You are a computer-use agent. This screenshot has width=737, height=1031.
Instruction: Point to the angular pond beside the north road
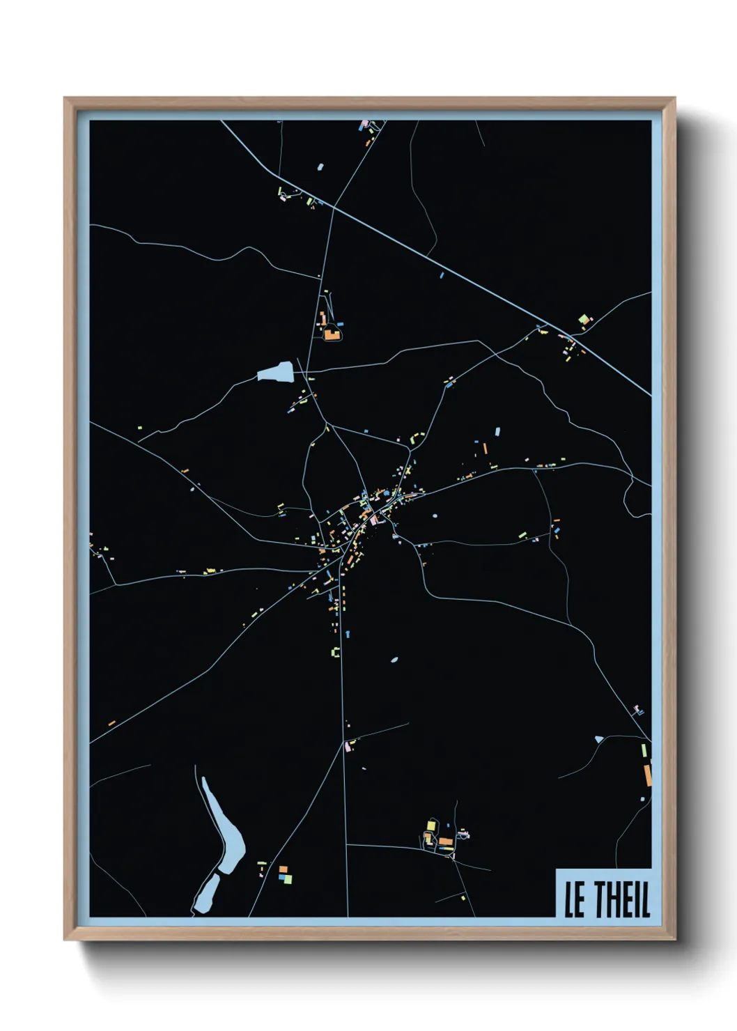[276, 372]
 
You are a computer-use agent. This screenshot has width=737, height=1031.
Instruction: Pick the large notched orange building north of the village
[331, 334]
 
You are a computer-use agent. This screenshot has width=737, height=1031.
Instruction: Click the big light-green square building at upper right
[584, 320]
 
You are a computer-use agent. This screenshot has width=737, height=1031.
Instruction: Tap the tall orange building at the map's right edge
[647, 775]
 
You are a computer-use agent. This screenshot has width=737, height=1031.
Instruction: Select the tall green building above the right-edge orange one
[644, 750]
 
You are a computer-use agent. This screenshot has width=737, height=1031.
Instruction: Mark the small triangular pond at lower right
[599, 739]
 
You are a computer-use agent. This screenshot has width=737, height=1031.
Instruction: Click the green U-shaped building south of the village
[336, 652]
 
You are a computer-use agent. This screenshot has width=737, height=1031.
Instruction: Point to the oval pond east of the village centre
[435, 516]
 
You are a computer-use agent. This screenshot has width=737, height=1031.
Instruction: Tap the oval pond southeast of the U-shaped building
[394, 659]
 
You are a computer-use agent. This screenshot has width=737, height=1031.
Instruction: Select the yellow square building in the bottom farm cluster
[430, 825]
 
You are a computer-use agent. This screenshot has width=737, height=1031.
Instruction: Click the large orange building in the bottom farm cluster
[445, 842]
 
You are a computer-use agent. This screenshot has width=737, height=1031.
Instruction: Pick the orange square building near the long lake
[283, 869]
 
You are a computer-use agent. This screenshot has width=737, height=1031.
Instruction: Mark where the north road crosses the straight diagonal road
[334, 206]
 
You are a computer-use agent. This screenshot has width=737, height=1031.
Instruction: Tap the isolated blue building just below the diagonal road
[442, 275]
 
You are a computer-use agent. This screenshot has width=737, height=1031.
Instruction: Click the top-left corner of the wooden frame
[65, 99]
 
